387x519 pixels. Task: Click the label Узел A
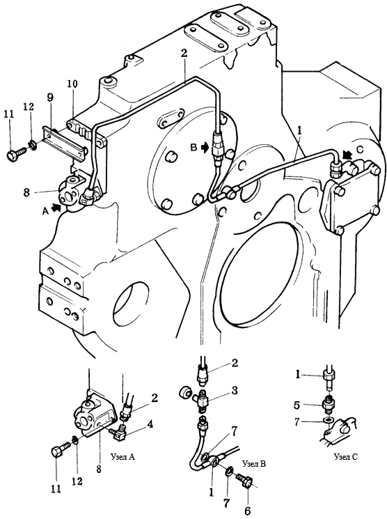(x=122, y=457)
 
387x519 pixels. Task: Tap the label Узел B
(x=253, y=464)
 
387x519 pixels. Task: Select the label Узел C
(x=346, y=457)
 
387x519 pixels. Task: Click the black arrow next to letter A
(x=57, y=208)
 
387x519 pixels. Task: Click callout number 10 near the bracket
(x=72, y=84)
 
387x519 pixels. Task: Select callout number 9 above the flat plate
(x=50, y=98)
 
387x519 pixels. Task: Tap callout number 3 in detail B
(x=234, y=391)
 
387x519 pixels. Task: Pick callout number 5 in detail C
(x=297, y=405)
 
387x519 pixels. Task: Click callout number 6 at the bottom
(x=247, y=511)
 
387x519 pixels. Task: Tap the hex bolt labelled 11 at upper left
(x=15, y=153)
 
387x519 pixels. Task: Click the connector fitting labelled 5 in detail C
(x=329, y=405)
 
